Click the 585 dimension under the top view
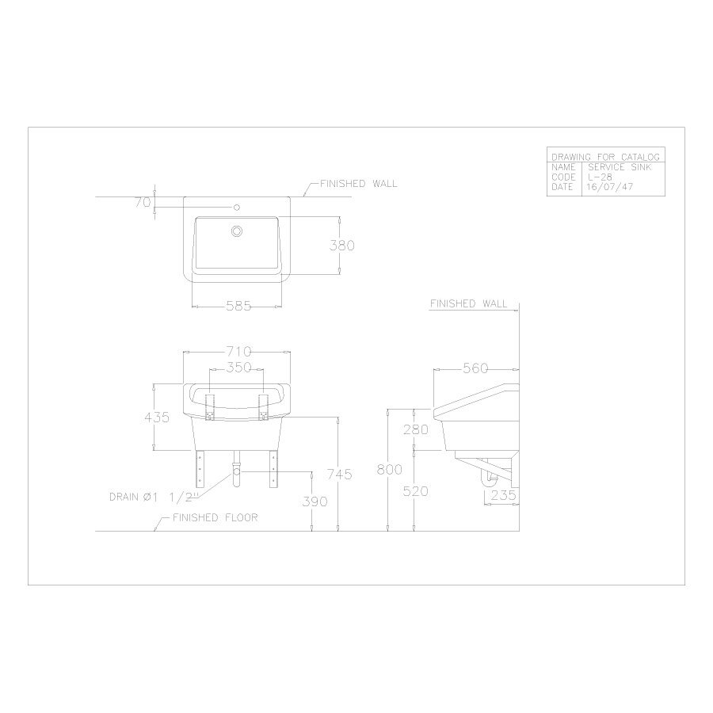click(238, 306)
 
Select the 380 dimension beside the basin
click(342, 245)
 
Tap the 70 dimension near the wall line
click(143, 202)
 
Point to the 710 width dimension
click(239, 352)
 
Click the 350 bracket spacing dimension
click(239, 367)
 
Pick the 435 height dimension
click(157, 417)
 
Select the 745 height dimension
click(340, 475)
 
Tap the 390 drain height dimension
click(315, 501)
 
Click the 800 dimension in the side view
click(390, 469)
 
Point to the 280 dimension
click(416, 429)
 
